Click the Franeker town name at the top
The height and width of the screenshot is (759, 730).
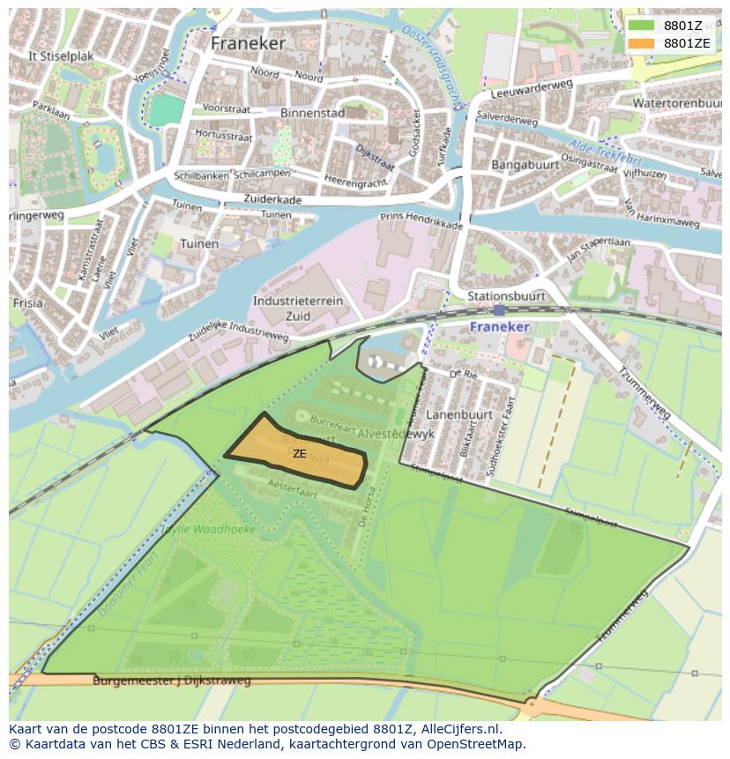tap(248, 42)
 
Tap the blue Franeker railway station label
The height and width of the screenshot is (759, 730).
tap(499, 326)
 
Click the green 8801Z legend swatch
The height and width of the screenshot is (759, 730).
tap(642, 26)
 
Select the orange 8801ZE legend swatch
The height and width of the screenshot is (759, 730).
tap(642, 43)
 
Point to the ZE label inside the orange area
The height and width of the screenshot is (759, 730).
tap(300, 454)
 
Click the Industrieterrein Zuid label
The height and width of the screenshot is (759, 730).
tap(298, 308)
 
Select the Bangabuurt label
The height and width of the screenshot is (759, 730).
tap(525, 165)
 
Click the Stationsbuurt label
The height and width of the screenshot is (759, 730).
tap(506, 296)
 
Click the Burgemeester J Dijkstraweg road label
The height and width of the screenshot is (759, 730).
tap(172, 681)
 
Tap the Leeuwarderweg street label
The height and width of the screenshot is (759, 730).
tap(531, 88)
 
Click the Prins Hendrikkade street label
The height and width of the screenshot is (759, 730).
tap(421, 220)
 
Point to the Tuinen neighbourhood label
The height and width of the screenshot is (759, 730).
tap(198, 243)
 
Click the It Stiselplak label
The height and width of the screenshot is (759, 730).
tap(61, 56)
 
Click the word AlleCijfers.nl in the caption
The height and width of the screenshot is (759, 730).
tap(461, 729)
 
